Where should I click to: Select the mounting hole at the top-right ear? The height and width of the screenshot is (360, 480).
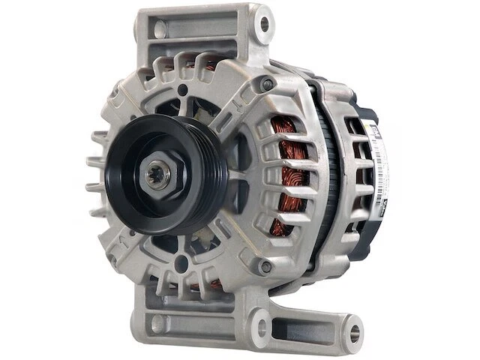[262, 24]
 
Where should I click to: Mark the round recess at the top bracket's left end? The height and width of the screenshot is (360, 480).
[157, 28]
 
